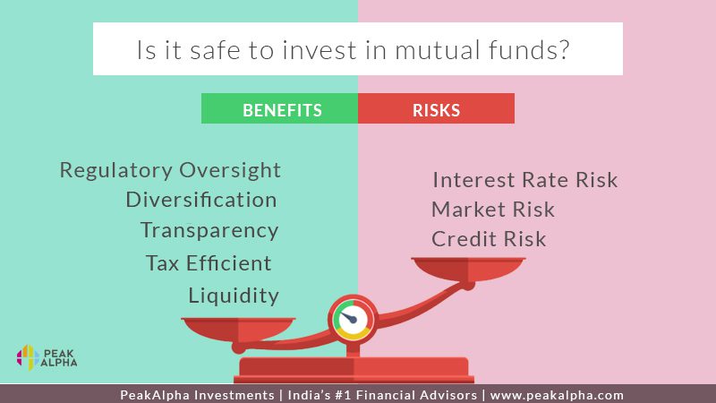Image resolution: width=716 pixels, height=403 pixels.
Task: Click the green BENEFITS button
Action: [x=279, y=108]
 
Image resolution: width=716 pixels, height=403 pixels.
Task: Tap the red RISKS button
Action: [x=436, y=108]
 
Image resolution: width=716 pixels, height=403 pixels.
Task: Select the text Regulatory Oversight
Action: [x=170, y=171]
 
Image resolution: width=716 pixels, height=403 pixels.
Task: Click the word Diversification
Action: [x=201, y=200]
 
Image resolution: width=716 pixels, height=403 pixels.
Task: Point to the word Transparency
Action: [x=209, y=231]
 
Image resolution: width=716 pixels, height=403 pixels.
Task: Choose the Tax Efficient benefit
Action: [x=209, y=262]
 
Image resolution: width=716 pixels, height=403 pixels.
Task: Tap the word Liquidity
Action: [x=234, y=296]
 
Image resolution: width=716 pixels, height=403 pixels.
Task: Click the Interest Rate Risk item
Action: [x=525, y=180]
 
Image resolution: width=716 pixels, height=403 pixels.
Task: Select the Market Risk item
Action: [x=493, y=210]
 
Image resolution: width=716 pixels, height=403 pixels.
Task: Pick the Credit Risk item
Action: [x=489, y=239]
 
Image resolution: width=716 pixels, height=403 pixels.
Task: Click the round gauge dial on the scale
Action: [x=353, y=320]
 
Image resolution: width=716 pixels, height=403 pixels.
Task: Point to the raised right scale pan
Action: [x=468, y=269]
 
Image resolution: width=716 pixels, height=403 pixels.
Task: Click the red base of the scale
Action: [x=354, y=370]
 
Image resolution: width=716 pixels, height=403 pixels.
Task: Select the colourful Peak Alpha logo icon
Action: [x=28, y=357]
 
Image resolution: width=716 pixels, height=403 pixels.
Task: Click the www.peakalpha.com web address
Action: [x=557, y=395]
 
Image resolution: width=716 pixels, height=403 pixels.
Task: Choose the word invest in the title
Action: [x=320, y=50]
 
